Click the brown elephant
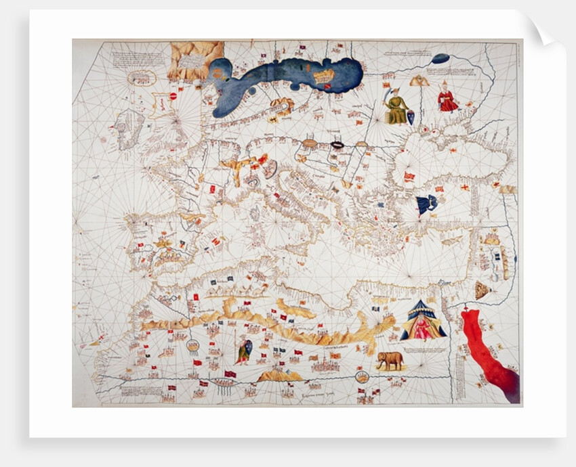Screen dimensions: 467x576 [390, 360]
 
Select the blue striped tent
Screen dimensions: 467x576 [423, 320]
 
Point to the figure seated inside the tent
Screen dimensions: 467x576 [423, 328]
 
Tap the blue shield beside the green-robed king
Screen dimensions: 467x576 [410, 118]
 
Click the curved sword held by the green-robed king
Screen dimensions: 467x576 [386, 95]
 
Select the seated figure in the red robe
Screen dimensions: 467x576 [447, 97]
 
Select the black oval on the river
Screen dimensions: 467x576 [337, 145]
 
